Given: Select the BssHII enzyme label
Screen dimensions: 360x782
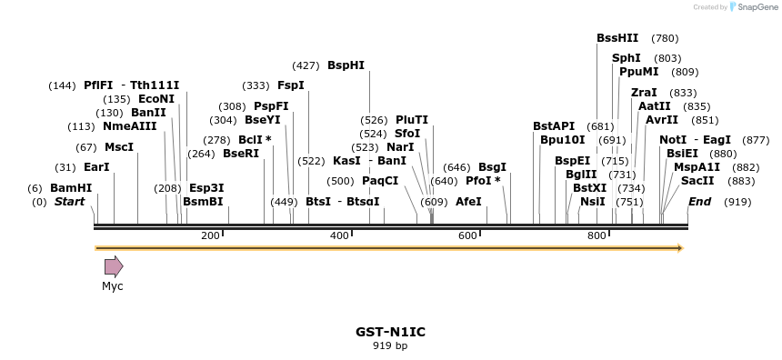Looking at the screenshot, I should [x=617, y=38].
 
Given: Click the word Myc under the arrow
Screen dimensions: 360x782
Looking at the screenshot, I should [x=112, y=286].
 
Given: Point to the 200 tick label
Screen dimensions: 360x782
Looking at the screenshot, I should [x=210, y=235].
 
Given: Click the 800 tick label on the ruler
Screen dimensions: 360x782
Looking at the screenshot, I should [x=597, y=235].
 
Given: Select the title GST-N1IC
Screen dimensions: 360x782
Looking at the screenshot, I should [x=390, y=332].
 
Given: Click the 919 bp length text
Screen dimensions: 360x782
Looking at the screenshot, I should [x=390, y=345].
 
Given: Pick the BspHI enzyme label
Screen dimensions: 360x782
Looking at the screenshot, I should [x=346, y=65].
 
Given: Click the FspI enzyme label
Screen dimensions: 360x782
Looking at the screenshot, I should [x=291, y=85].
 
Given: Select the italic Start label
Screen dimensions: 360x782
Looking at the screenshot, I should [x=69, y=201].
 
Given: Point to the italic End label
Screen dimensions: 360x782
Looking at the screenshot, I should [x=699, y=201].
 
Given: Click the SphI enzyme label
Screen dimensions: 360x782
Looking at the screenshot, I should [x=627, y=58].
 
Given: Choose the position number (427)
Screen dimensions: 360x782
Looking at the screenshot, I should [x=306, y=65].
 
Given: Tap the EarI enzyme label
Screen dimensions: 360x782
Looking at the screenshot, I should [x=95, y=167].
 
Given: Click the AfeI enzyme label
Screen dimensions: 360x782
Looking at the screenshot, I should [x=468, y=201].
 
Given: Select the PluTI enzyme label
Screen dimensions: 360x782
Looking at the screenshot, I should [x=412, y=120].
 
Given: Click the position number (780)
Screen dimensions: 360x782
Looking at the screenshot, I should [x=665, y=38].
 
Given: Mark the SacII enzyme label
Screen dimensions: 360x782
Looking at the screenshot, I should [x=697, y=181].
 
